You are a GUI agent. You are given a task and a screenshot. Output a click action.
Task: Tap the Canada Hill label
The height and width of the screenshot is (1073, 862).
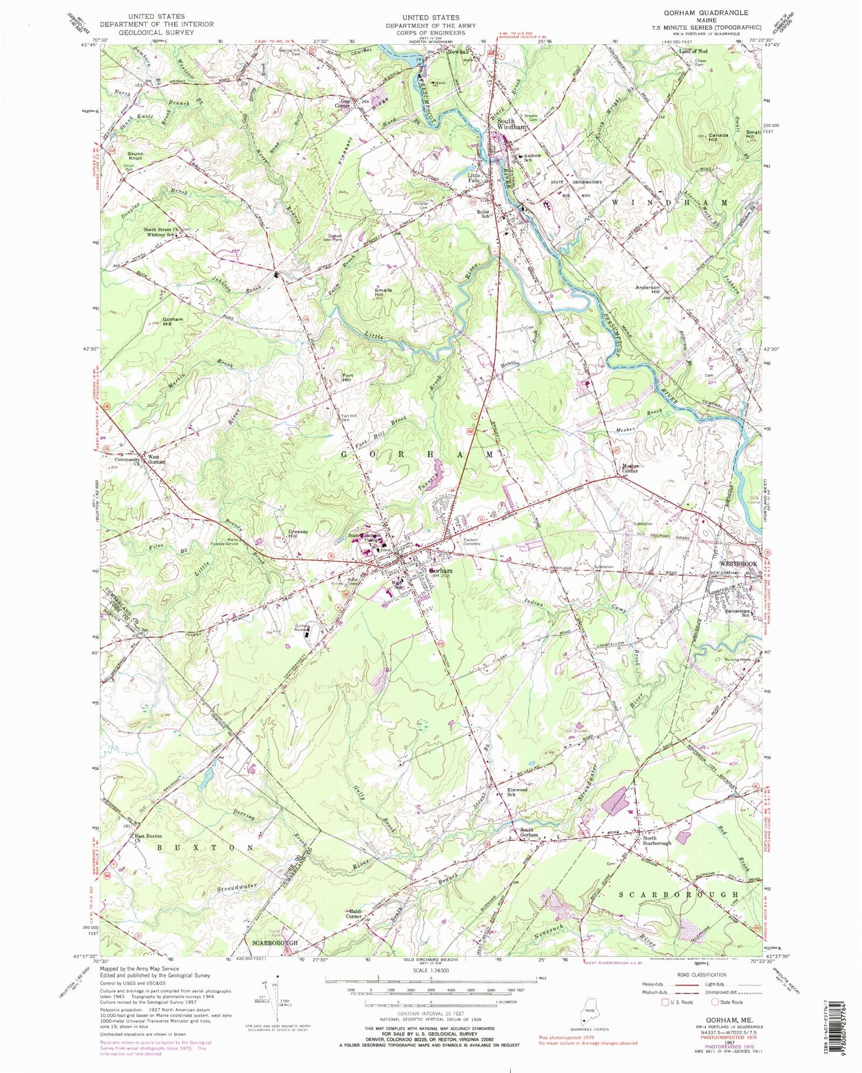pyautogui.click(x=718, y=138)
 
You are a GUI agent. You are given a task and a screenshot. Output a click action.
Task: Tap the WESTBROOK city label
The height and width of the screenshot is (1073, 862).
pyautogui.click(x=738, y=564)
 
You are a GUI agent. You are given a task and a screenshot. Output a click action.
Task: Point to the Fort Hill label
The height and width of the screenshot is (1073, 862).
pyautogui.click(x=347, y=377)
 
